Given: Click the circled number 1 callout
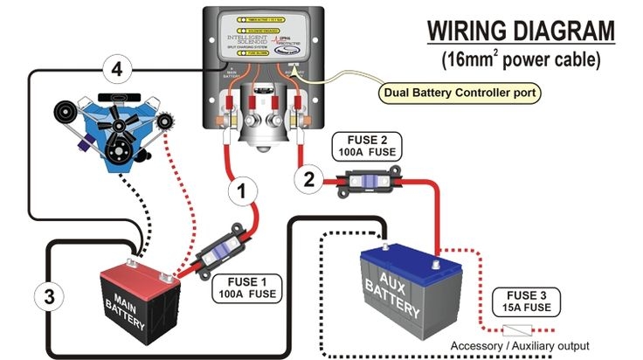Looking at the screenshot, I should pyautogui.click(x=245, y=187).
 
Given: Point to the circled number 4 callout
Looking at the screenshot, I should pyautogui.click(x=117, y=67).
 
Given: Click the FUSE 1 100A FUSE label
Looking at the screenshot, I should pyautogui.click(x=247, y=287).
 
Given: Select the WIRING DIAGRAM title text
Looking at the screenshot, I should pyautogui.click(x=522, y=31).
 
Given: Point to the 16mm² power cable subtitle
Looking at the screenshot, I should pyautogui.click(x=522, y=60).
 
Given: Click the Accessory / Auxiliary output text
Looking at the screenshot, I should pyautogui.click(x=519, y=345).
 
